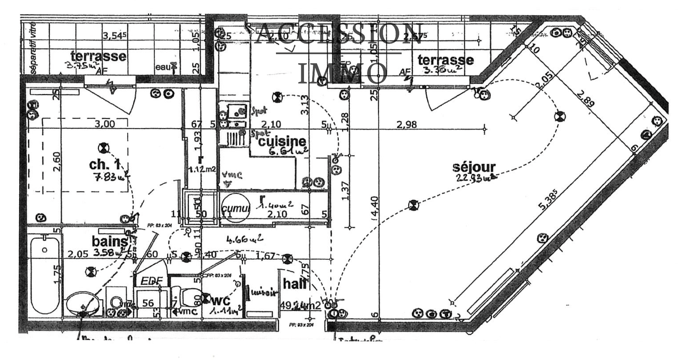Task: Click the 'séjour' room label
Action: click(x=474, y=167)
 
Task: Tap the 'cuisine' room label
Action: click(x=282, y=141)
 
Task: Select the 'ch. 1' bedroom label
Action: click(x=105, y=165)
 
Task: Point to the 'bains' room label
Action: click(x=109, y=241)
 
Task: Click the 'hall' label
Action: click(x=295, y=284)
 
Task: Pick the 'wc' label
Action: click(x=221, y=301)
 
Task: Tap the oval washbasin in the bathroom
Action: click(x=83, y=304)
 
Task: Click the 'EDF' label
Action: click(x=151, y=281)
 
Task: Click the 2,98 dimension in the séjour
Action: click(x=407, y=125)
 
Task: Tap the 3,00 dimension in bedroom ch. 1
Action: click(x=105, y=124)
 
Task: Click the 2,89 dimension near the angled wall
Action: click(x=586, y=97)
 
